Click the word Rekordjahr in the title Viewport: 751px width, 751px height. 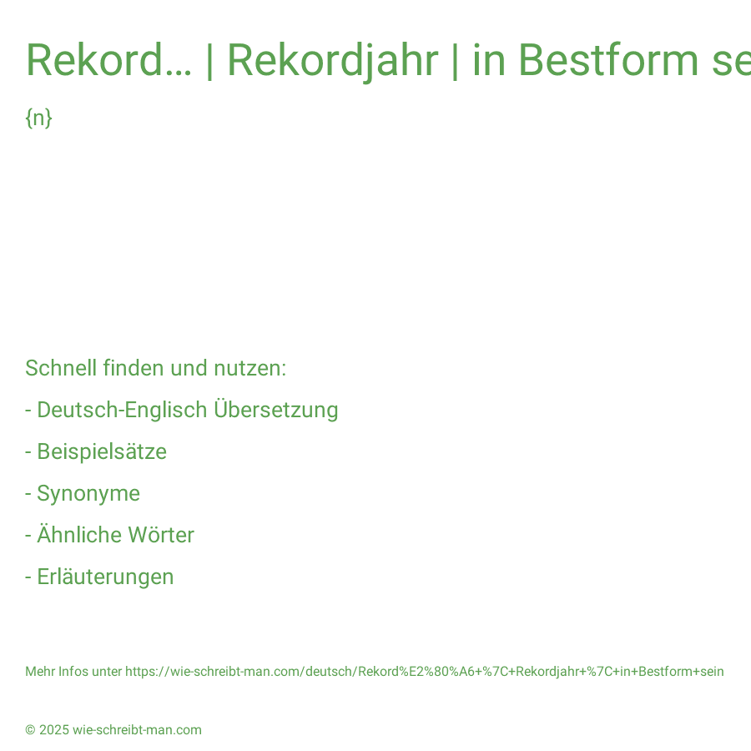(332, 61)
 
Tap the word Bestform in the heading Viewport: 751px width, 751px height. (608, 60)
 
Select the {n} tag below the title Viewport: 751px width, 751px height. (38, 118)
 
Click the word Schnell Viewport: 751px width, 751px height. (61, 368)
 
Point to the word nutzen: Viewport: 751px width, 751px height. (249, 368)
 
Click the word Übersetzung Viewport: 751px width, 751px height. (276, 410)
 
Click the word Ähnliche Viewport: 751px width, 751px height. (79, 535)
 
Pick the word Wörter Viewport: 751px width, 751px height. (161, 535)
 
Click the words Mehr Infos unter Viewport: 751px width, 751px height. (73, 672)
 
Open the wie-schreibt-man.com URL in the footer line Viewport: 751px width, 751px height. (425, 672)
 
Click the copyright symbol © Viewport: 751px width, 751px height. (30, 730)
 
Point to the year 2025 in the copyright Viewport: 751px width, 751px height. (54, 730)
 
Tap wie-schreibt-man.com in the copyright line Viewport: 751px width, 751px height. (137, 730)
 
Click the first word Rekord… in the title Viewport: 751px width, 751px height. (108, 60)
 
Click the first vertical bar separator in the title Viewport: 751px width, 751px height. (209, 61)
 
